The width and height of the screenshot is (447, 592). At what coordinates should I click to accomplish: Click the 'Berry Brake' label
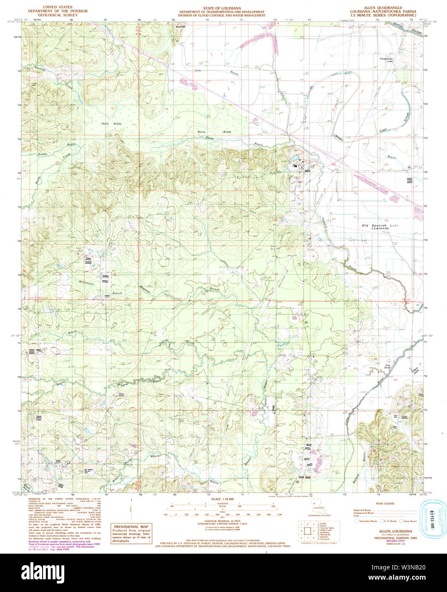[x=215, y=132]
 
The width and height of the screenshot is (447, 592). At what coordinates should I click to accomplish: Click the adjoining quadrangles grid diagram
[x=305, y=531]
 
